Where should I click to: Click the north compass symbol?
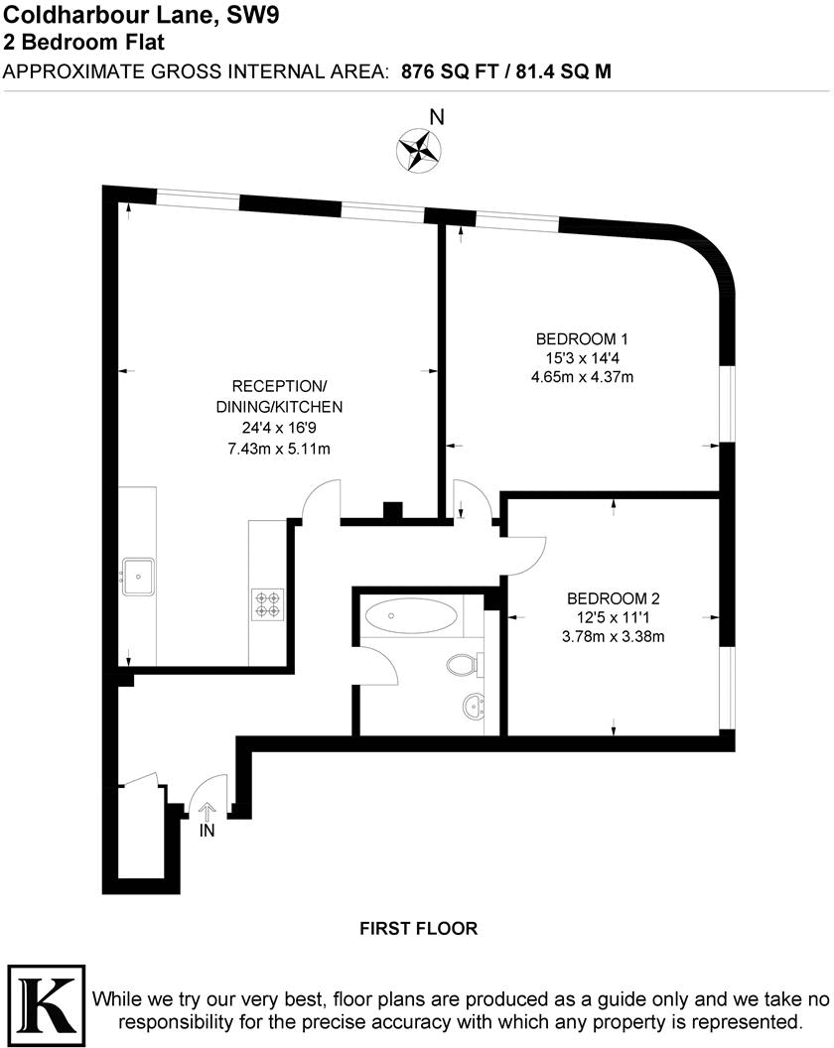(418, 150)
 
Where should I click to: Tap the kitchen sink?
(137, 576)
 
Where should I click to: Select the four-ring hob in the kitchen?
(268, 603)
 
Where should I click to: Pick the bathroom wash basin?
(473, 708)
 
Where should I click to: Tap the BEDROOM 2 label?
(613, 598)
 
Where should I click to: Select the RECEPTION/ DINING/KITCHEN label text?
(279, 396)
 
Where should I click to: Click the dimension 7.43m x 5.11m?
(279, 449)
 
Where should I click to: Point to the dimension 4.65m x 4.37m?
(584, 376)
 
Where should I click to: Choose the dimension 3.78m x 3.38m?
(613, 637)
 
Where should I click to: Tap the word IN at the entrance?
(208, 831)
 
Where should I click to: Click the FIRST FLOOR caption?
(418, 929)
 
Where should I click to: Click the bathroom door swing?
(377, 663)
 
